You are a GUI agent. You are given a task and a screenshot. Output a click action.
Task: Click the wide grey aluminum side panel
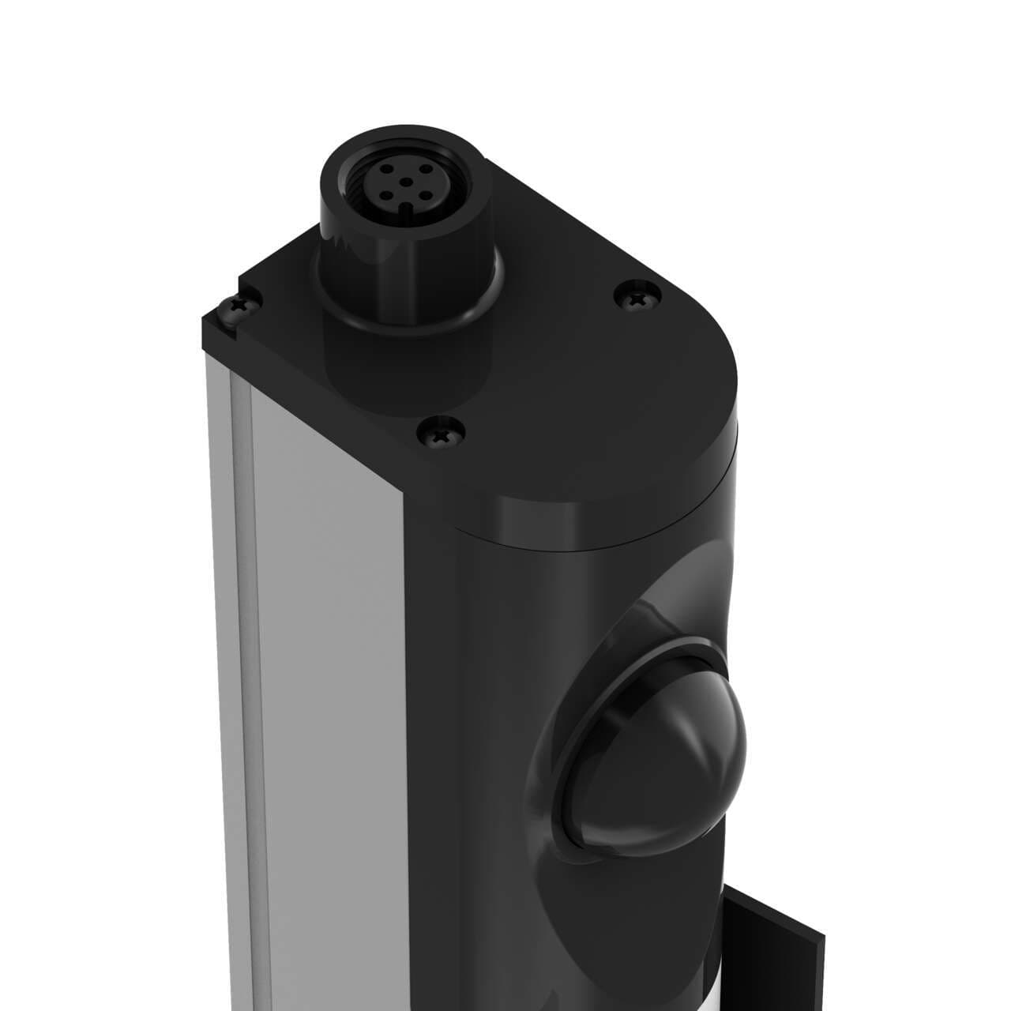tap(324, 671)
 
